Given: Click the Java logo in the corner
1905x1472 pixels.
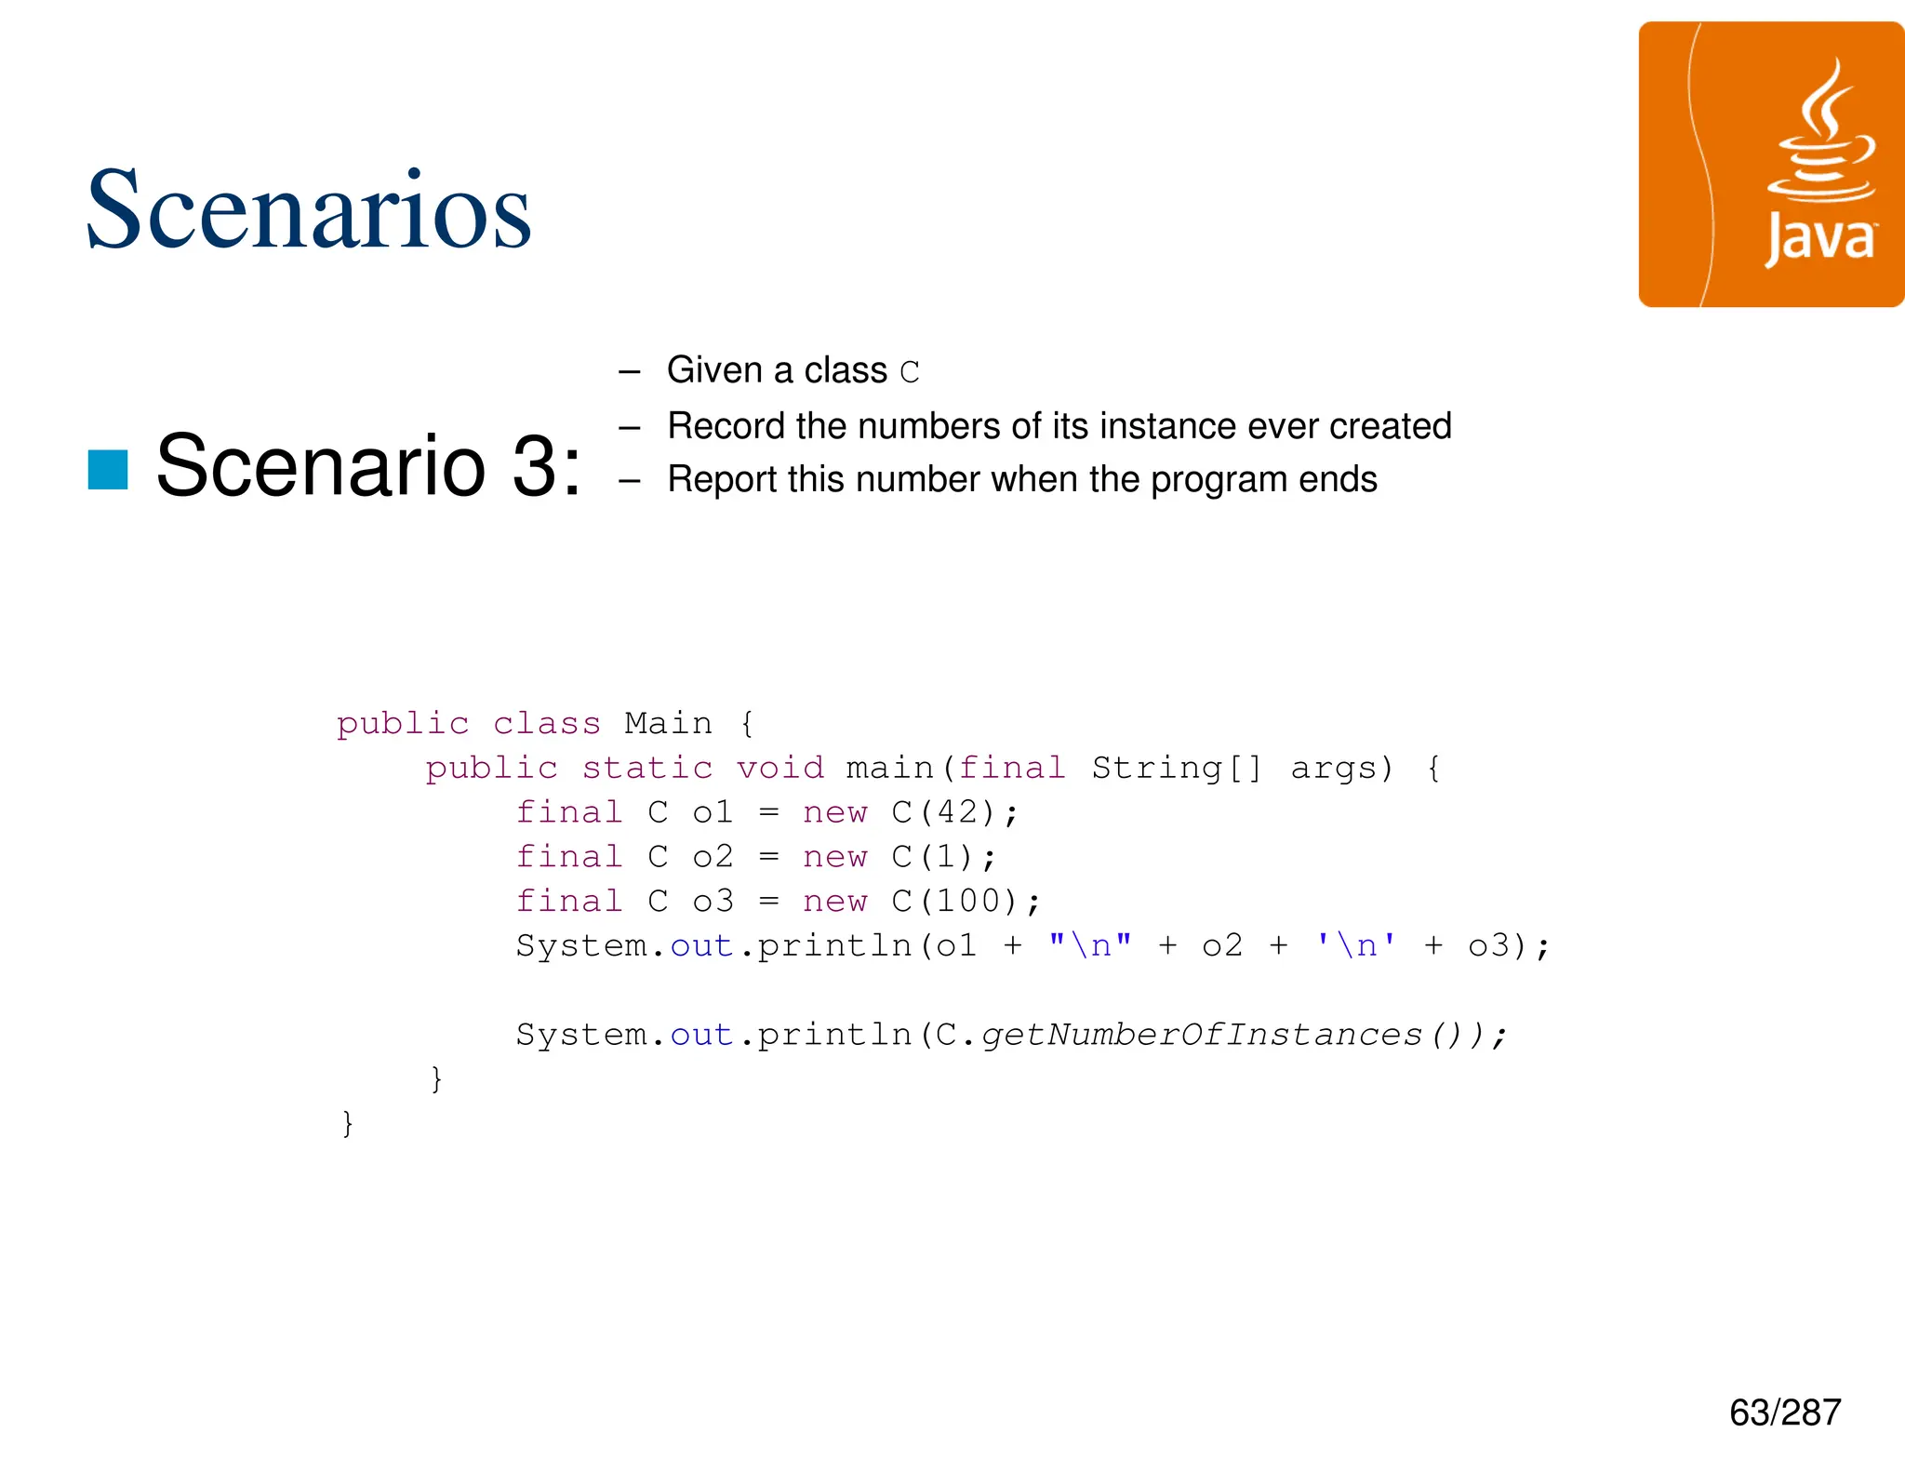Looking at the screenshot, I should pos(1770,165).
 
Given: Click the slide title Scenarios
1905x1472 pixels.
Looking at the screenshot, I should pos(308,210).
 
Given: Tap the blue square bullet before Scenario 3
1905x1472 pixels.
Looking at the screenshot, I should pos(108,469).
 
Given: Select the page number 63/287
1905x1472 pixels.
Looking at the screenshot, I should pos(1784,1412).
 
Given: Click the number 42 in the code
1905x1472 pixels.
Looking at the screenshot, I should pos(958,812).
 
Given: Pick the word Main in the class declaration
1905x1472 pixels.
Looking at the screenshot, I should pos(668,723).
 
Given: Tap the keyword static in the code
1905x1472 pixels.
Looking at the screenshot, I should pos(647,768).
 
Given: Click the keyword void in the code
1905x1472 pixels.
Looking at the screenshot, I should pos(780,768).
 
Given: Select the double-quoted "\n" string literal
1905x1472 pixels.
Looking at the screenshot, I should pos(1090,945).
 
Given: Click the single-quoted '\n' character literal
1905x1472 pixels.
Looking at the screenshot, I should pos(1356,945).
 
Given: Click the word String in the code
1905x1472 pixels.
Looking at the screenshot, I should pos(1156,768).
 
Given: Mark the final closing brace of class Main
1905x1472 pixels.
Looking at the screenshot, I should pos(348,1123).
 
